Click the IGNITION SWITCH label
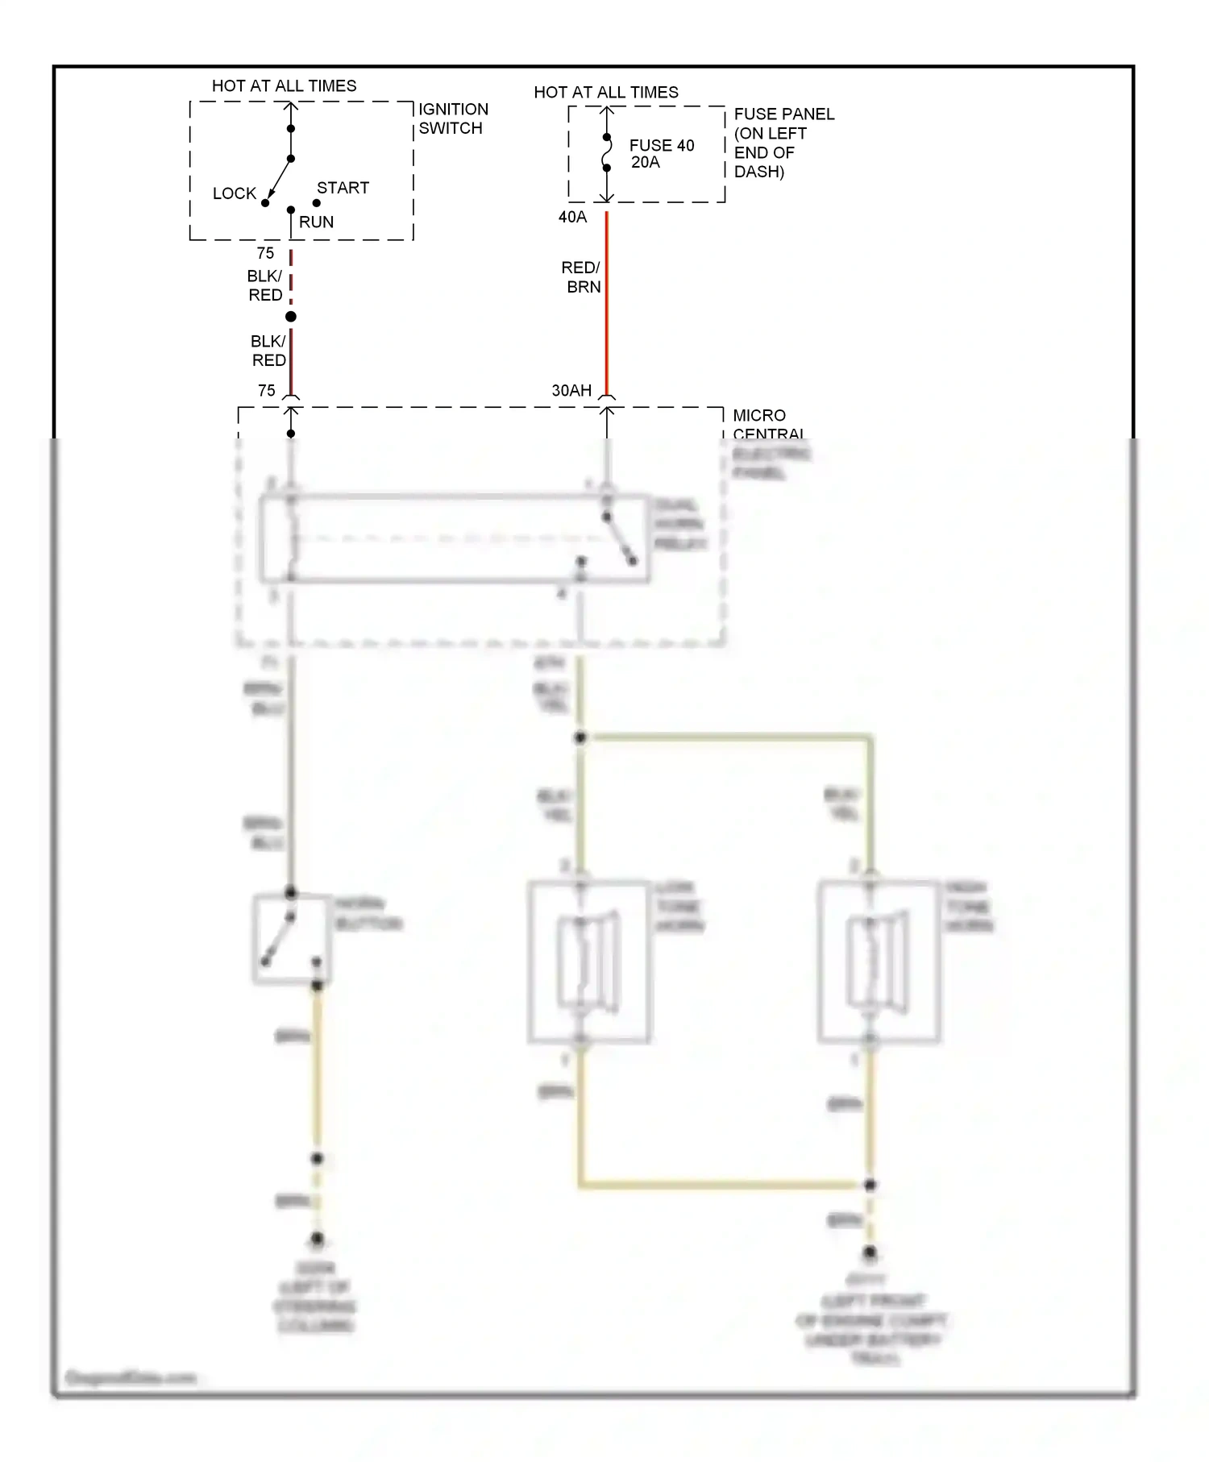[x=452, y=118]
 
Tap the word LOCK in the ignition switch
[x=234, y=193]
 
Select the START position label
[x=343, y=188]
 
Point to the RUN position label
[x=316, y=222]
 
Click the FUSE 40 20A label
[x=661, y=153]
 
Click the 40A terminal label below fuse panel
[x=572, y=217]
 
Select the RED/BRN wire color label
[x=582, y=276]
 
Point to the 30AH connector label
[x=571, y=390]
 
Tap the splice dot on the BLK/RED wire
[x=291, y=317]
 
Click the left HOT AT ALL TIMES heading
[x=284, y=85]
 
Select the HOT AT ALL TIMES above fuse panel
[x=606, y=92]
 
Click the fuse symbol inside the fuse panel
[x=607, y=153]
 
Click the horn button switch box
[x=292, y=939]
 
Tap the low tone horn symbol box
[x=589, y=962]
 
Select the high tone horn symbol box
[x=879, y=962]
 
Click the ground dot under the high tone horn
[x=870, y=1252]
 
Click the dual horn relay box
[x=454, y=538]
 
